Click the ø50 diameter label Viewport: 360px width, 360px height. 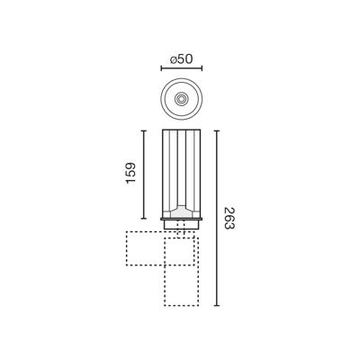(181, 59)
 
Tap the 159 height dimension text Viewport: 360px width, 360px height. (131, 173)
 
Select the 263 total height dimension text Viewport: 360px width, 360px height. (229, 218)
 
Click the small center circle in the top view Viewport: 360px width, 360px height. (181, 99)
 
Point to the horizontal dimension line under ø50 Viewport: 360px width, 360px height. (182, 68)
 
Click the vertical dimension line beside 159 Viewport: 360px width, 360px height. (144, 175)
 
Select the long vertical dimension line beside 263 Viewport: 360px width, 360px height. (217, 218)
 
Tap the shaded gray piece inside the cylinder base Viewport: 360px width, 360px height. (182, 212)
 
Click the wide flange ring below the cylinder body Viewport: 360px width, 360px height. (182, 219)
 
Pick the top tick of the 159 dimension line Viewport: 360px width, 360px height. (144, 130)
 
